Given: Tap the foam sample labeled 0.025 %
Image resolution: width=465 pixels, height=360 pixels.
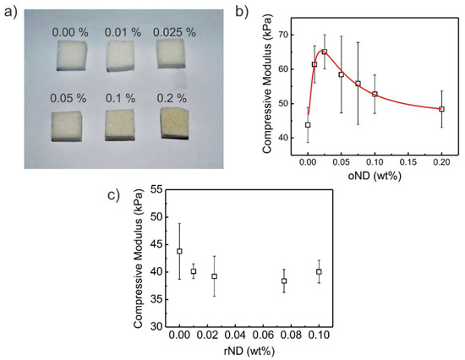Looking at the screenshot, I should coord(176,57).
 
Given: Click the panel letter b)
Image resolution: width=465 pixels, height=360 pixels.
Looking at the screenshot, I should coord(241,11).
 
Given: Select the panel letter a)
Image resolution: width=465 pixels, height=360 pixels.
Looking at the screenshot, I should coord(9,12).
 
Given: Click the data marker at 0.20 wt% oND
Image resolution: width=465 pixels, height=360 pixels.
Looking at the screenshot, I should coord(441,109).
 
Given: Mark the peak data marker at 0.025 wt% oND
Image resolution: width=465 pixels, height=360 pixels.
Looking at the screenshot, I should coord(325,52).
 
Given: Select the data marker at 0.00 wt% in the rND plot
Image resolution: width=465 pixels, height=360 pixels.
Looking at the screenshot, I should coord(179,251).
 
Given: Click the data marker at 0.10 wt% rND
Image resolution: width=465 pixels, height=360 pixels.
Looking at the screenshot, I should coord(342,271).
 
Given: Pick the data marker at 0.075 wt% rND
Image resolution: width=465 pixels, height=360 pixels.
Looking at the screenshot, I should coord(308,281).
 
